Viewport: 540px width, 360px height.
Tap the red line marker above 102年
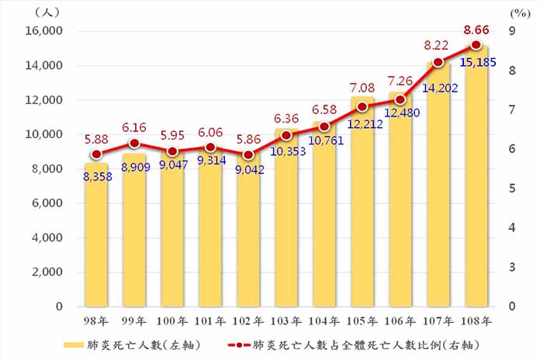coord(248,154)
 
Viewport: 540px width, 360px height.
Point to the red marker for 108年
coord(476,45)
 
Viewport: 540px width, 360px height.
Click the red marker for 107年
coord(438,62)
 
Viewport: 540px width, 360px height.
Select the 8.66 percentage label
coord(476,30)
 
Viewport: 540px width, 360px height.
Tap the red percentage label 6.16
coord(133,126)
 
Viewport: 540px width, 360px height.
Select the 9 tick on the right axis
coord(512,31)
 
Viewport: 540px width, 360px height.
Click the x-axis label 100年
coord(172,320)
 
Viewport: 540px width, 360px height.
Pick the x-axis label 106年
coord(400,320)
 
